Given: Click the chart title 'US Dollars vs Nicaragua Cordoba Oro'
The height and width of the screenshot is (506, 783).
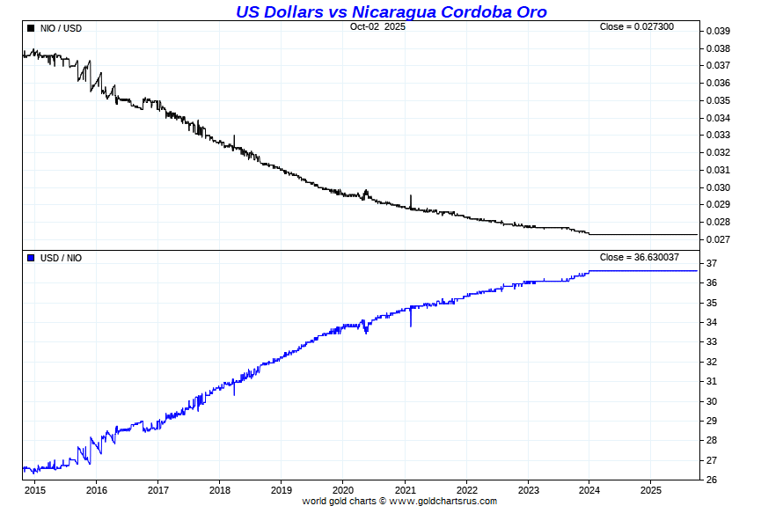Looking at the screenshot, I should tap(391, 11).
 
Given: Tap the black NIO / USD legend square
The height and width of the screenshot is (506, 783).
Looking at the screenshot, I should tap(31, 28).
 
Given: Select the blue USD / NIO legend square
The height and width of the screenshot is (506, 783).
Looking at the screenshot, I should tap(31, 258).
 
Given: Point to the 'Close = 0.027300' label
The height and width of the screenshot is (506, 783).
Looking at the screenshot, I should tap(636, 27).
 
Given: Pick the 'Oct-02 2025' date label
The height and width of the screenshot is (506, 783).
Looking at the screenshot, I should tap(377, 27).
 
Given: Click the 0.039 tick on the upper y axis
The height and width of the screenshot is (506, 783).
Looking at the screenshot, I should tap(718, 31).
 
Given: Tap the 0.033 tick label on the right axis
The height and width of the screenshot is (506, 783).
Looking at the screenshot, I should tap(718, 135).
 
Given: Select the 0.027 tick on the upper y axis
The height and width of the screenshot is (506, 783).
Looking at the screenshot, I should tap(718, 239).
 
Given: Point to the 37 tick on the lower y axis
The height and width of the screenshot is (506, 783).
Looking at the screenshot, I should tap(712, 264).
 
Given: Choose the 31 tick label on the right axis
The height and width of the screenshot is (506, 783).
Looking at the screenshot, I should tap(712, 381).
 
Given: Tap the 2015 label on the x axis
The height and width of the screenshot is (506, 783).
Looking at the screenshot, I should tap(35, 490).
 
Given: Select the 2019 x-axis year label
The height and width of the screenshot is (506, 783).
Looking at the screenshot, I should tap(282, 490).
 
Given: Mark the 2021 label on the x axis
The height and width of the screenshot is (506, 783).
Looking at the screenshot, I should tap(405, 490).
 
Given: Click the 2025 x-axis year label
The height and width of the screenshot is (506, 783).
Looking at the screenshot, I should tap(650, 490).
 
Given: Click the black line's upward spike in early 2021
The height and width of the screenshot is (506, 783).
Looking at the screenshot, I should tap(411, 198).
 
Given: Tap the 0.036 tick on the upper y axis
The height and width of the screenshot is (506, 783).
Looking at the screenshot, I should tap(718, 83).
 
